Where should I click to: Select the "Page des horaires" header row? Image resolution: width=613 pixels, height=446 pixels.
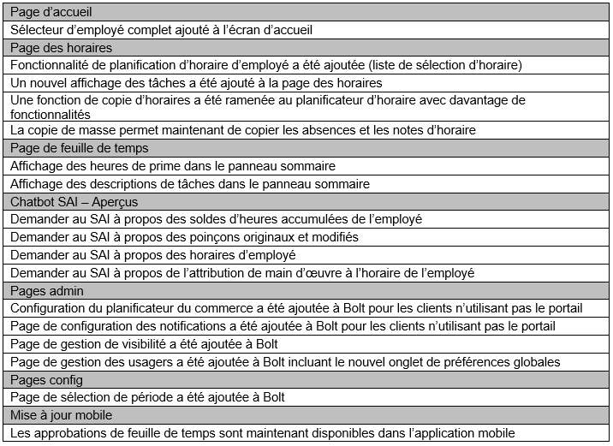point(61,47)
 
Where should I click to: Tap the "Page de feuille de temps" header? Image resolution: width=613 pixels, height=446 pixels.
point(79,148)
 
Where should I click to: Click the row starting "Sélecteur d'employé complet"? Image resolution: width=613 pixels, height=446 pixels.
point(161,30)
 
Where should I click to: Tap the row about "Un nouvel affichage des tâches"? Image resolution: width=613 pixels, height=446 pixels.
point(196,82)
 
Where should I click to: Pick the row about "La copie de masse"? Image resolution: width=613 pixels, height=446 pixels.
point(243,130)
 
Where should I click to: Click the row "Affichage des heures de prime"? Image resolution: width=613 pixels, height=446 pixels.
point(173,165)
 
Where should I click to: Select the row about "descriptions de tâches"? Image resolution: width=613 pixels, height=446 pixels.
point(190,183)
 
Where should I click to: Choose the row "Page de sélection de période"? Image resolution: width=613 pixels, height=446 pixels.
point(147,397)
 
